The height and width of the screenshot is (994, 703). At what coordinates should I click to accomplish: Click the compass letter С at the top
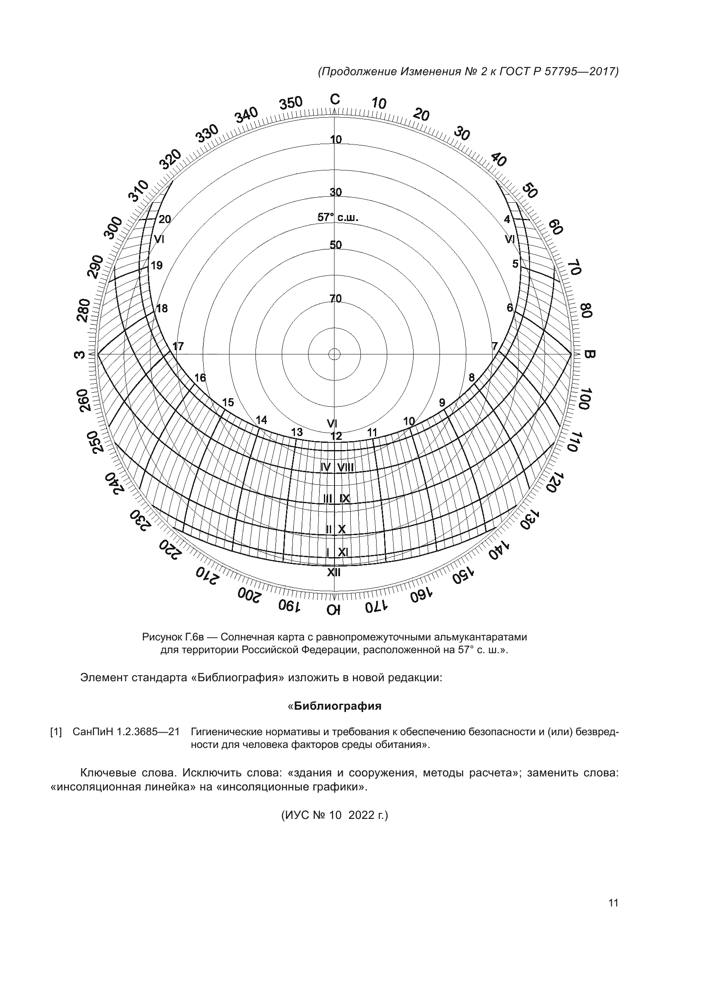coord(335,99)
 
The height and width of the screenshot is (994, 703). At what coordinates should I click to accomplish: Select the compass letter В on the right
coord(589,354)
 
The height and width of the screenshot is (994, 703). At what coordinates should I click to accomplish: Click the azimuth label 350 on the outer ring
coord(290,103)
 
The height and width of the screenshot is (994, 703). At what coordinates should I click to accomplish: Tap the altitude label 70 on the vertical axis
coord(335,298)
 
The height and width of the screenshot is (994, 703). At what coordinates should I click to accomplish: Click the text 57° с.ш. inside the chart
coord(337,217)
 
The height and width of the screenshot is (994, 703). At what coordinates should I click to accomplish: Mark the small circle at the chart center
coord(334,354)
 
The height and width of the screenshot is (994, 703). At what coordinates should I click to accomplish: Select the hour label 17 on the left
coord(178,346)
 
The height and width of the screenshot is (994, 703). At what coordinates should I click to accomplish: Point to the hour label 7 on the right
coord(494,346)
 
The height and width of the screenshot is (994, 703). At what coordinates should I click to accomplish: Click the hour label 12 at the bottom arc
coord(336,436)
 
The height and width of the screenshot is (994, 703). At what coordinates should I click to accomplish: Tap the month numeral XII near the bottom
coord(333,572)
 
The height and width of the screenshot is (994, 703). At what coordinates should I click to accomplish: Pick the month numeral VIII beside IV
coord(346,467)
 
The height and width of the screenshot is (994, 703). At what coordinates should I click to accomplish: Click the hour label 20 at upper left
coord(164,219)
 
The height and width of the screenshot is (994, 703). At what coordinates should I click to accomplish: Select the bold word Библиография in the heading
coord(337,706)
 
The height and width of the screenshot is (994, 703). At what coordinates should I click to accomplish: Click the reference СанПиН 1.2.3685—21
coord(126,732)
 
